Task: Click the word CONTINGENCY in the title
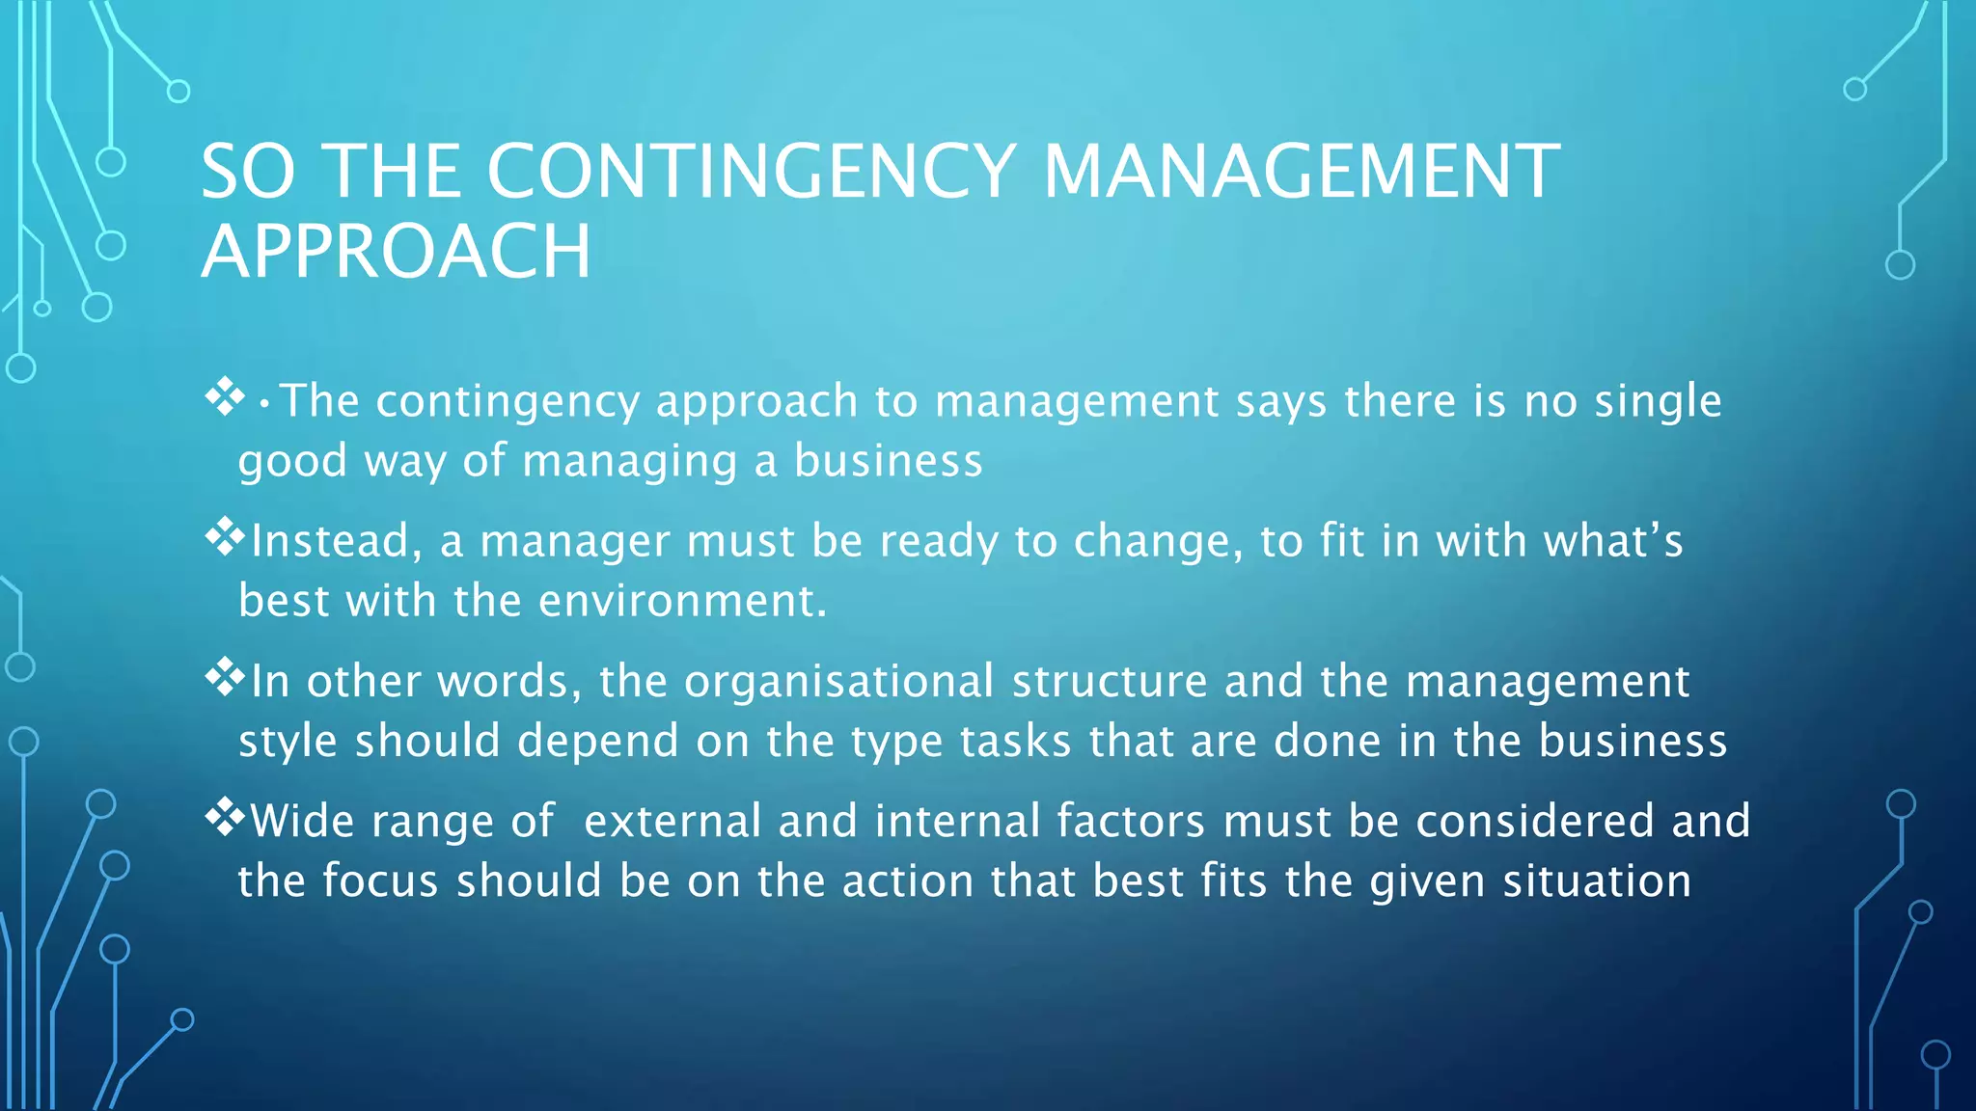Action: pyautogui.click(x=751, y=172)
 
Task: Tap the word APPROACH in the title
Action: pyautogui.click(x=396, y=251)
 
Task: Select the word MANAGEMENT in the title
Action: pyautogui.click(x=1301, y=172)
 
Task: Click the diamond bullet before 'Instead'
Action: pyautogui.click(x=225, y=537)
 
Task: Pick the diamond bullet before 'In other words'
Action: pyautogui.click(x=225, y=677)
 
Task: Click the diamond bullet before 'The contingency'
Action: pyautogui.click(x=225, y=396)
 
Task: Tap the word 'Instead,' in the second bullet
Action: pyautogui.click(x=337, y=541)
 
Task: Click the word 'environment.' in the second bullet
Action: pyautogui.click(x=683, y=602)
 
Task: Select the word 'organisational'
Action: pyautogui.click(x=839, y=682)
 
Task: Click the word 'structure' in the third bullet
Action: pyautogui.click(x=1110, y=682)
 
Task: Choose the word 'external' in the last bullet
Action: pyautogui.click(x=672, y=822)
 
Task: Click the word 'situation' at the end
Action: pyautogui.click(x=1597, y=881)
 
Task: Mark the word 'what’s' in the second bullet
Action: pyautogui.click(x=1613, y=541)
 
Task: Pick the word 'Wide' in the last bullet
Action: pyautogui.click(x=303, y=822)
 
